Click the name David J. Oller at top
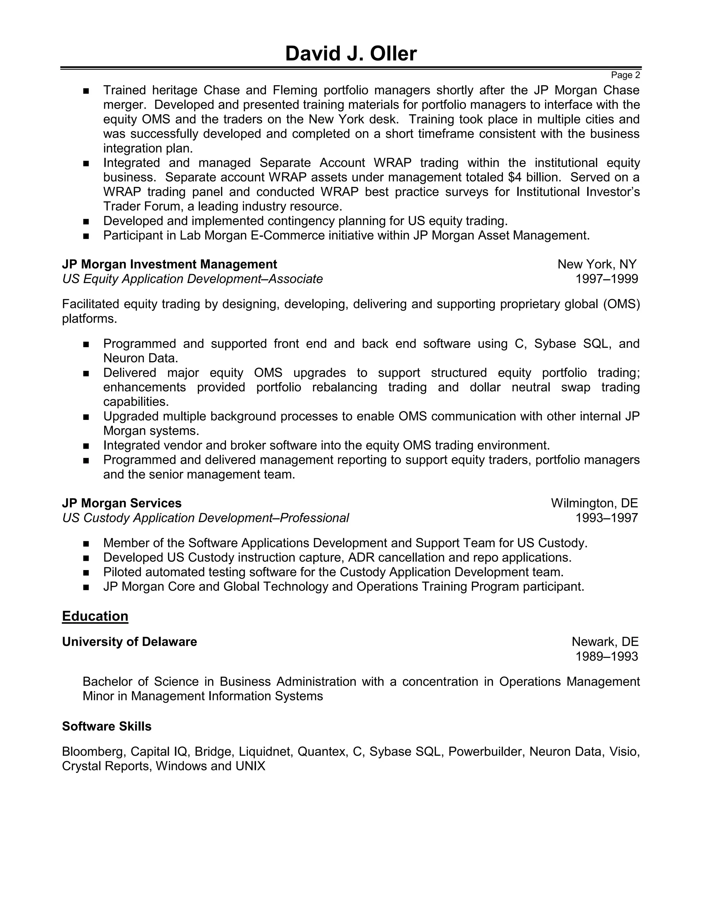pyautogui.click(x=351, y=54)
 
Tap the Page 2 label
pyautogui.click(x=625, y=75)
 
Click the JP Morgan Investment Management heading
pyautogui.click(x=169, y=264)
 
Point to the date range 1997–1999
pyautogui.click(x=606, y=279)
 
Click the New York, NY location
pyautogui.click(x=597, y=264)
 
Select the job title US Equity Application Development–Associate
pyautogui.click(x=192, y=279)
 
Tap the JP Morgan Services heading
pyautogui.click(x=121, y=503)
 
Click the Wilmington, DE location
pyautogui.click(x=594, y=503)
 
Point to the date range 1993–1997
pyautogui.click(x=606, y=518)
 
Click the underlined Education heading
pyautogui.click(x=95, y=616)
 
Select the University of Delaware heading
pyautogui.click(x=129, y=642)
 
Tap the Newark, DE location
pyautogui.click(x=605, y=642)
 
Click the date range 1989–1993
pyautogui.click(x=606, y=656)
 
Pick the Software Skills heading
pyautogui.click(x=107, y=726)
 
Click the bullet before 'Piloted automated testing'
pyautogui.click(x=86, y=573)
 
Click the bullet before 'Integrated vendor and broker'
pyautogui.click(x=86, y=446)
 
